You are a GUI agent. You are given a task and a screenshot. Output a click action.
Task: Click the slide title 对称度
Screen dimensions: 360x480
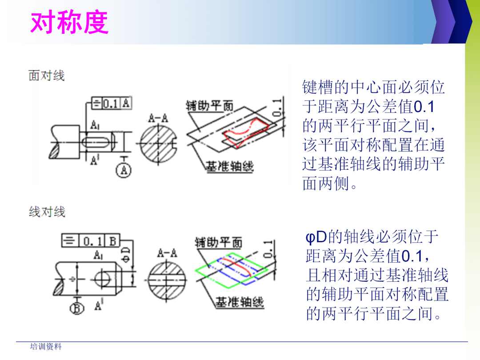tap(69, 23)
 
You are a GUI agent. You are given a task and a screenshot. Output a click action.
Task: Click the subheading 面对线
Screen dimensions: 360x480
tap(47, 76)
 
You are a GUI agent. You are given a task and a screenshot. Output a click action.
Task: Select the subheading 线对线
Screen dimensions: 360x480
tap(47, 212)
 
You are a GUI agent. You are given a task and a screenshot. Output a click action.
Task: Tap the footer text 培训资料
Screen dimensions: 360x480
tap(46, 347)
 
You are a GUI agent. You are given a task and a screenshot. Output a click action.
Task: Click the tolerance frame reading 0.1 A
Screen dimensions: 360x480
tap(111, 104)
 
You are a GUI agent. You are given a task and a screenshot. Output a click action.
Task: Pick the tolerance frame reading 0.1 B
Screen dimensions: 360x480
tap(91, 241)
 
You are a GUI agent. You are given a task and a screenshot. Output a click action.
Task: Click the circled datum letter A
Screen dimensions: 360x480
tap(124, 170)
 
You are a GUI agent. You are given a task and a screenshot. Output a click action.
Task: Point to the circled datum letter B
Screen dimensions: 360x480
tap(77, 308)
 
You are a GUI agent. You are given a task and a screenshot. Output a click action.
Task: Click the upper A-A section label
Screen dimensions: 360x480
tap(158, 119)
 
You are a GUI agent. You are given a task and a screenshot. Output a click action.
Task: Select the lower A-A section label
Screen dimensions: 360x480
tap(168, 253)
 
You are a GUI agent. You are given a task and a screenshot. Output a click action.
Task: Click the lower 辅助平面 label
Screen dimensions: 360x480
tap(219, 242)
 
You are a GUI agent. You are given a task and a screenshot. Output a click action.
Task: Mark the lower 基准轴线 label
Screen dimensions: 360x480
tap(240, 303)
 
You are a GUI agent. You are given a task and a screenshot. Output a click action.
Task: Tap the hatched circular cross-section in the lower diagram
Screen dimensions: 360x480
tap(168, 280)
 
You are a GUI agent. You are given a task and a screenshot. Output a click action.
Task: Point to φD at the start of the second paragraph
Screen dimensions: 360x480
tap(316, 237)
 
